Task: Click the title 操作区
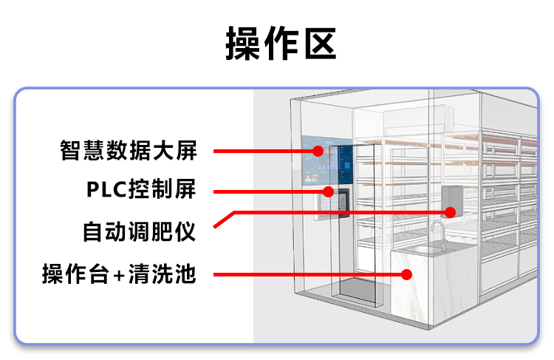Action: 281,44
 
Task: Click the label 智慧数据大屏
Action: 129,151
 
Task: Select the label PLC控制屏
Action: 141,190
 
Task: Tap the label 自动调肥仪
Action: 138,232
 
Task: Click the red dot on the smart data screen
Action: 318,152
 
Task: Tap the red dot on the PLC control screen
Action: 327,191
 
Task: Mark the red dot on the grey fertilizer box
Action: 449,212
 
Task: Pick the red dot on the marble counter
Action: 406,275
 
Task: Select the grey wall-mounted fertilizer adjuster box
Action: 452,200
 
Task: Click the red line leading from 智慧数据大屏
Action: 266,152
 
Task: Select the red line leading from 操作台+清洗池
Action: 310,275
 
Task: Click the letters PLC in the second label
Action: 106,190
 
